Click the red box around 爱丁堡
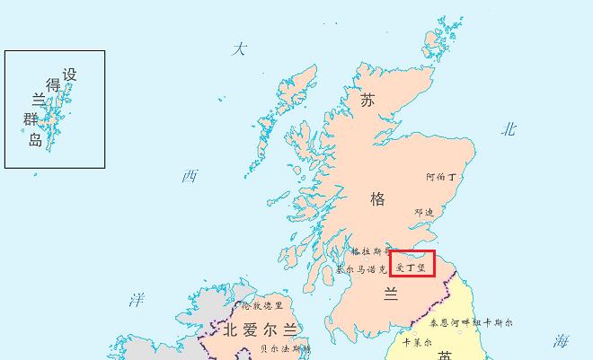pyautogui.click(x=412, y=263)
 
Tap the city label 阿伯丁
pyautogui.click(x=441, y=178)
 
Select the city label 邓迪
pyautogui.click(x=424, y=213)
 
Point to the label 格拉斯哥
pyautogui.click(x=371, y=252)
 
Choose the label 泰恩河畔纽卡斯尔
pyautogui.click(x=471, y=321)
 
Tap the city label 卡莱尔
pyautogui.click(x=417, y=342)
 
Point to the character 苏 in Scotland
pyautogui.click(x=367, y=101)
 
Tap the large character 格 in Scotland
pyautogui.click(x=377, y=198)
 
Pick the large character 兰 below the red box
pyautogui.click(x=391, y=294)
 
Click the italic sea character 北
pyautogui.click(x=509, y=129)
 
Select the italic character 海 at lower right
pyautogui.click(x=562, y=340)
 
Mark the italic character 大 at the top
pyautogui.click(x=238, y=49)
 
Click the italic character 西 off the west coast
pyautogui.click(x=190, y=176)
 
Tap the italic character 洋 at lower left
pyautogui.click(x=136, y=299)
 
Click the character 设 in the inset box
pyautogui.click(x=69, y=75)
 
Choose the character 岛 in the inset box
pyautogui.click(x=34, y=139)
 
